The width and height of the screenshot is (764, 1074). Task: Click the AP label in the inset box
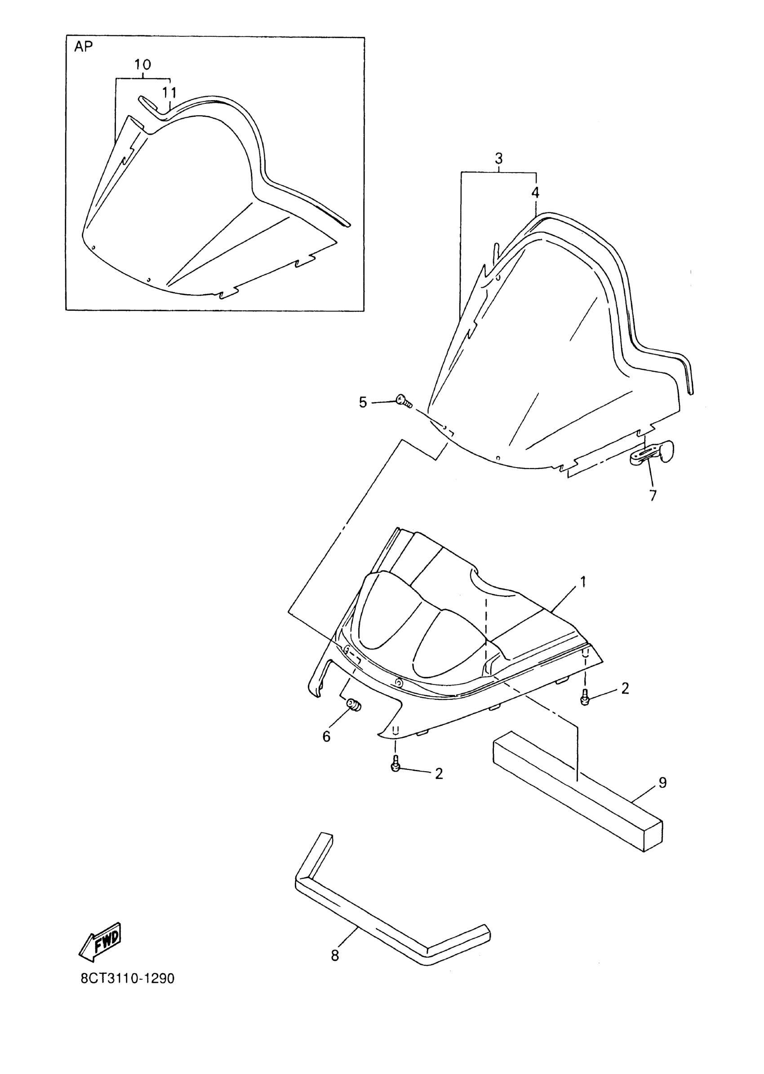tap(83, 47)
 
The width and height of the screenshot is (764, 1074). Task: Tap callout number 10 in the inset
tap(142, 65)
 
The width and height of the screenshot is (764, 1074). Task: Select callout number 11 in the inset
tap(169, 93)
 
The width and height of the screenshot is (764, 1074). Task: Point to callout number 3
tap(499, 158)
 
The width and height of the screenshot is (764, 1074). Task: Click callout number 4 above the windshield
tap(535, 192)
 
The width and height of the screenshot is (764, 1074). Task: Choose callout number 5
tap(363, 402)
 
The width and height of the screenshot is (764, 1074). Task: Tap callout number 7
tap(653, 495)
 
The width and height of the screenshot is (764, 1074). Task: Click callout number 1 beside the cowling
tap(583, 582)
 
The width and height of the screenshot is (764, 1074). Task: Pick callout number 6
tap(326, 737)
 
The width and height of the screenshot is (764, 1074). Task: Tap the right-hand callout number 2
tap(625, 689)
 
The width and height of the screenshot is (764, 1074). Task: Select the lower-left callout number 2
tap(439, 773)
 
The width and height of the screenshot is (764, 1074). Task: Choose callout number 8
tap(334, 955)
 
